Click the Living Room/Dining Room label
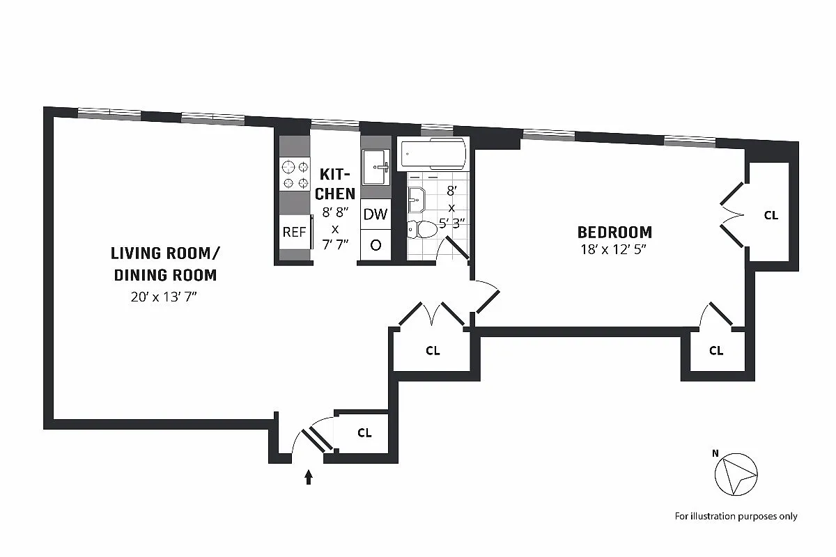tap(165, 263)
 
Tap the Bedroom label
tap(614, 232)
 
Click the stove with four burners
tap(295, 174)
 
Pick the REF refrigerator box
tap(294, 233)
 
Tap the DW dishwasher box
tap(376, 214)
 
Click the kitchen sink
tap(376, 167)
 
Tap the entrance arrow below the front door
tap(309, 477)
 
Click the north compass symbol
tap(736, 474)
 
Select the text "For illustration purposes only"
tap(736, 516)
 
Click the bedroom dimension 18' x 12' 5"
tap(614, 250)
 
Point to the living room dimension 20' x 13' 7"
tap(165, 297)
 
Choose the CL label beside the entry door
tap(364, 433)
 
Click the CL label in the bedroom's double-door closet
tap(771, 216)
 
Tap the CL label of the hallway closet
tap(433, 351)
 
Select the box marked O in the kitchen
tap(376, 244)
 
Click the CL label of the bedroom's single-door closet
tap(716, 351)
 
